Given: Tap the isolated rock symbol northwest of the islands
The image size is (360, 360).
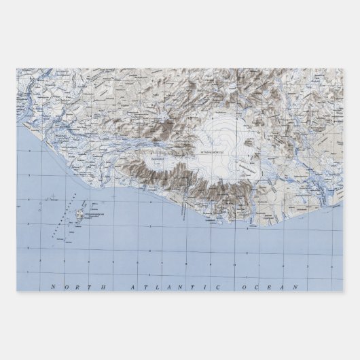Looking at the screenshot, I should point(43,201).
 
